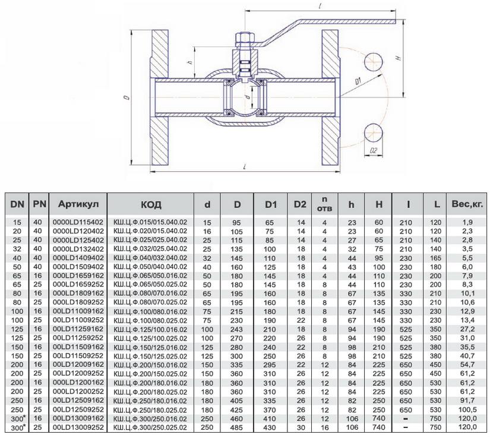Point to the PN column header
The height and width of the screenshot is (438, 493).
pyautogui.click(x=38, y=204)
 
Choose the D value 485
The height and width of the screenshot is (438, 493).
pyautogui.click(x=237, y=427)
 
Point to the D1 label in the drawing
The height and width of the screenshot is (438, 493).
pyautogui.click(x=358, y=80)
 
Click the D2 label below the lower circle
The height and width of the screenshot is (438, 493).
pyautogui.click(x=374, y=152)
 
